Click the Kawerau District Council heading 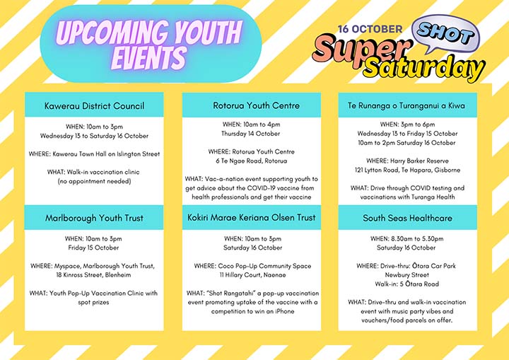94,106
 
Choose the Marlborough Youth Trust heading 94,218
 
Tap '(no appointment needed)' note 94,182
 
